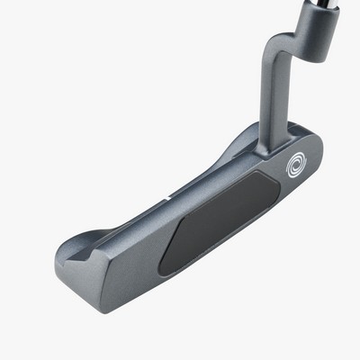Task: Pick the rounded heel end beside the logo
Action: pos(315,157)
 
